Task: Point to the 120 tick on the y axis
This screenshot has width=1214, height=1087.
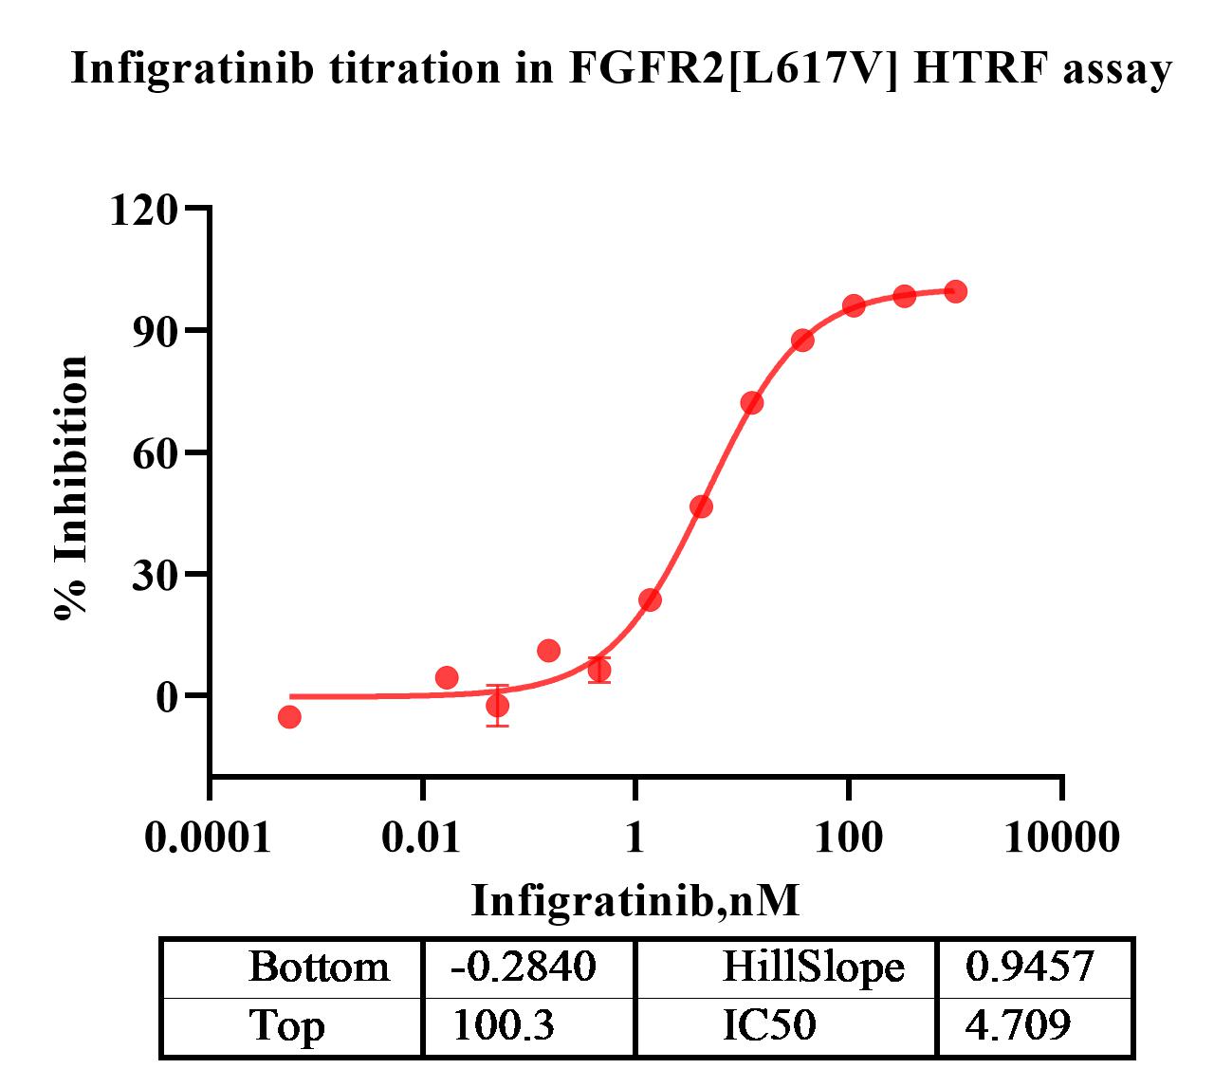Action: tap(144, 210)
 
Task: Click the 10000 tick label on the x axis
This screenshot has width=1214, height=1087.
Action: tap(1061, 838)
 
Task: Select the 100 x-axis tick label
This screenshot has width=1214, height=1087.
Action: tap(849, 838)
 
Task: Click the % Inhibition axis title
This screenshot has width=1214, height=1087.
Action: tap(72, 488)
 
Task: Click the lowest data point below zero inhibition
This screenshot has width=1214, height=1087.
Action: tap(289, 716)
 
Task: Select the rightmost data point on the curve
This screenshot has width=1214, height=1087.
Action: tap(956, 291)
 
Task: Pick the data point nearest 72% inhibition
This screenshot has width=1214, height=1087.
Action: tap(752, 403)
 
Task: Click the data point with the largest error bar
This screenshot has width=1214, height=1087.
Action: tap(497, 705)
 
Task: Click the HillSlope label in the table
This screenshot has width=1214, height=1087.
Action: tap(813, 967)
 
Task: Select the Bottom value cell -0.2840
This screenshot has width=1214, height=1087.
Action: tap(524, 967)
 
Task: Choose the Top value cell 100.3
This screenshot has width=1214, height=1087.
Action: tap(503, 1025)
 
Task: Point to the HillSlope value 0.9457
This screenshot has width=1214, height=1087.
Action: tap(1030, 967)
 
